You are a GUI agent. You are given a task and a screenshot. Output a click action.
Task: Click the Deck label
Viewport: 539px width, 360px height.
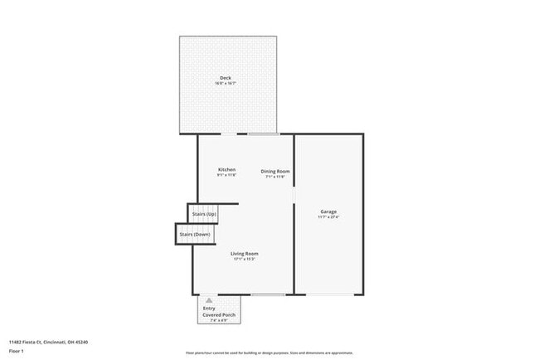[226, 78]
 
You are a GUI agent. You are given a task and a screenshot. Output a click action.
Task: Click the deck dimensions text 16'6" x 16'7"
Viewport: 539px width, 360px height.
[226, 84]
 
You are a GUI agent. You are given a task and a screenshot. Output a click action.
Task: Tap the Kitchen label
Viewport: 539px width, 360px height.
[226, 170]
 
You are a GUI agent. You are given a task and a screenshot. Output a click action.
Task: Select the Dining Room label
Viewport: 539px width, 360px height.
[274, 171]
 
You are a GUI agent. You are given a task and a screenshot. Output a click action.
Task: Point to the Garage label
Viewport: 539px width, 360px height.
[328, 212]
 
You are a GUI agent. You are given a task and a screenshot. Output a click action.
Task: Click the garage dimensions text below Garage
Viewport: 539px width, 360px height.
[328, 217]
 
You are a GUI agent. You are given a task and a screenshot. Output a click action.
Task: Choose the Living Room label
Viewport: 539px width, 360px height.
[244, 253]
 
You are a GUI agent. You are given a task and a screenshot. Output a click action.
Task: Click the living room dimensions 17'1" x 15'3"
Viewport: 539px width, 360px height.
[244, 259]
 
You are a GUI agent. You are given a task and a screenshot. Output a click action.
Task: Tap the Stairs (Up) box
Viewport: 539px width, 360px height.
[204, 214]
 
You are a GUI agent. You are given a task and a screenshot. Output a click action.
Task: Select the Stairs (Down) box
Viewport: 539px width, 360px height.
[195, 234]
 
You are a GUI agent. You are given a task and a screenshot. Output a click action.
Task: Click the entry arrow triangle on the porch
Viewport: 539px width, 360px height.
[209, 300]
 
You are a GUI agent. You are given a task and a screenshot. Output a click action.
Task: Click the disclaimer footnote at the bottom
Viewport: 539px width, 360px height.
[269, 353]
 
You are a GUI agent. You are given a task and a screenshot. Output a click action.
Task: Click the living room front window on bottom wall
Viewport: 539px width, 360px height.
[268, 294]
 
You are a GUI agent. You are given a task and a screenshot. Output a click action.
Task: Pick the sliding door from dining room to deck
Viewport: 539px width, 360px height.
[263, 134]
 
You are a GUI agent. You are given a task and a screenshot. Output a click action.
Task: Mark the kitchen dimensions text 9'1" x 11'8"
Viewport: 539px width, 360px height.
[226, 176]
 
